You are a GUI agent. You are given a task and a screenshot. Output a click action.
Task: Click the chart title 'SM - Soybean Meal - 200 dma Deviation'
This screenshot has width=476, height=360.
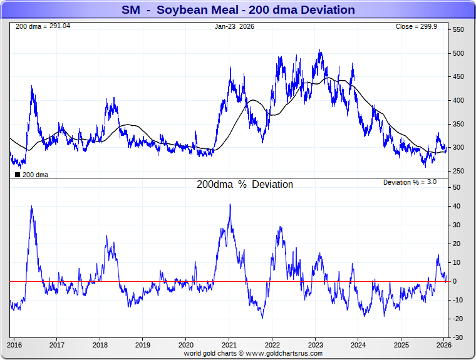tap(238, 10)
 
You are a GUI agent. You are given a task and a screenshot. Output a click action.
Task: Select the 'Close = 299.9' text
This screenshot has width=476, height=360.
tap(421, 27)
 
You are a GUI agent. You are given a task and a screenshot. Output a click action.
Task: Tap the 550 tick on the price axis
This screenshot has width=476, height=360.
tap(458, 30)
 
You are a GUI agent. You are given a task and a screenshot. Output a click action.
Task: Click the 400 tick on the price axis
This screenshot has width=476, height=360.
tap(458, 100)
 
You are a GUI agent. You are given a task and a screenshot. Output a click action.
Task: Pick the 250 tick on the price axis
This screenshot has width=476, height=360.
tap(458, 171)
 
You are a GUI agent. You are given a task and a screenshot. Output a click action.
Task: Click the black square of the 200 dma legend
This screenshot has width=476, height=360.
tap(17, 174)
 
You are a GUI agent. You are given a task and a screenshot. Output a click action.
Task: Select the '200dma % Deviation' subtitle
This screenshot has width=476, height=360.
tap(245, 185)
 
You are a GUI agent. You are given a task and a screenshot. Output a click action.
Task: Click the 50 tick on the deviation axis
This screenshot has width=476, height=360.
tap(457, 187)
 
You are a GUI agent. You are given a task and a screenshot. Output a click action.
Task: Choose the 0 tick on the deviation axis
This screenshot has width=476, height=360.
tap(455, 281)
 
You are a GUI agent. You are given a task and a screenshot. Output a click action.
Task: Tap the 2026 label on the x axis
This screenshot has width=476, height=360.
tap(443, 345)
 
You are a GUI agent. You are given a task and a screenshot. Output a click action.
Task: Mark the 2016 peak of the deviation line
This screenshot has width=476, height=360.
tap(31, 207)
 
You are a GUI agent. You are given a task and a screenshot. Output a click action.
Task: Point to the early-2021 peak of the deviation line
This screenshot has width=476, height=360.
tap(230, 205)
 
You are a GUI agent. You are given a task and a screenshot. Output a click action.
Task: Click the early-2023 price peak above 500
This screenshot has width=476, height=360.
tap(320, 51)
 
